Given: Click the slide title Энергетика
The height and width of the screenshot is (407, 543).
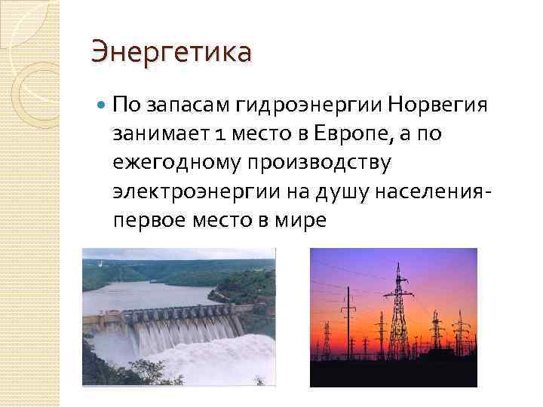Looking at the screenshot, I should (x=170, y=54).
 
